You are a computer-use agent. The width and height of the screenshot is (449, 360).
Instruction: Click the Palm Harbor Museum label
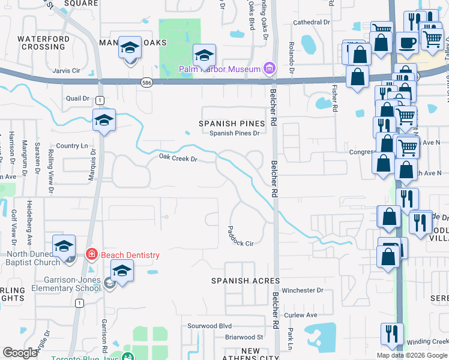(x=220, y=69)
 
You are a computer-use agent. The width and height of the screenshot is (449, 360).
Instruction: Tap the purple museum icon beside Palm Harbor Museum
(x=270, y=68)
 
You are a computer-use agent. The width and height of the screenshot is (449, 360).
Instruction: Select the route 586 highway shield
(x=146, y=82)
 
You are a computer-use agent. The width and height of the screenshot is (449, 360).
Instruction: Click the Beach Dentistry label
(x=130, y=255)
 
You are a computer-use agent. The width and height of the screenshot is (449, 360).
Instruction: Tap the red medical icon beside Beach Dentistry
(x=91, y=255)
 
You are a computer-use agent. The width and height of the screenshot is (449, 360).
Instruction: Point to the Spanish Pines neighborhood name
(x=232, y=124)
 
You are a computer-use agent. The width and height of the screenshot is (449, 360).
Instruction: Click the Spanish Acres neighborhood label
(x=245, y=281)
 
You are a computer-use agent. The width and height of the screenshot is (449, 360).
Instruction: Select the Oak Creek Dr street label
(x=178, y=158)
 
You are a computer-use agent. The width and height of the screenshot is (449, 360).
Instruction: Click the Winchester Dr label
(x=303, y=290)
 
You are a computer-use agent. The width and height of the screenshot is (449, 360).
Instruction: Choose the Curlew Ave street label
(x=300, y=315)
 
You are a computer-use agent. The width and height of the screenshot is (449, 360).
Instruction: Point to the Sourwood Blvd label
(x=209, y=326)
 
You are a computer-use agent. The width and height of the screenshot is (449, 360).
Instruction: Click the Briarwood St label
(x=244, y=337)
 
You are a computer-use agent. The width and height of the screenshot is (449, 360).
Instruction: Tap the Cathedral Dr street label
(x=312, y=22)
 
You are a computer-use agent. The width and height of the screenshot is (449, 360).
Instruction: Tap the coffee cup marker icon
(x=407, y=43)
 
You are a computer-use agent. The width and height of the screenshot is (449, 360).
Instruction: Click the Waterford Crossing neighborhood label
(x=41, y=43)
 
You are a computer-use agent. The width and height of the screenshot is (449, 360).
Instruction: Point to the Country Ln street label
(x=71, y=146)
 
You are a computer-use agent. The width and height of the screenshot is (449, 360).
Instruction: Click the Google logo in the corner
(x=20, y=353)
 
